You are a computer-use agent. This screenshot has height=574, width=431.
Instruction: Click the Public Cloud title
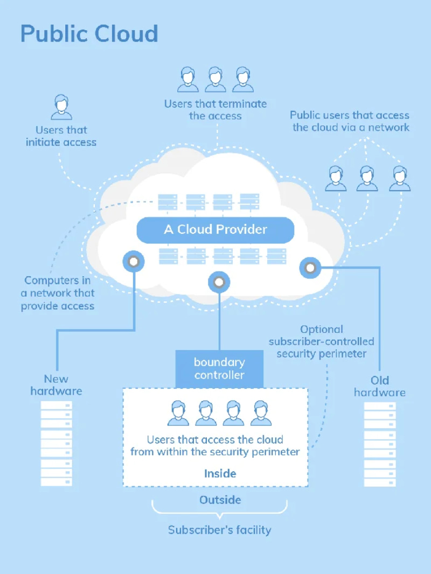pos(89,33)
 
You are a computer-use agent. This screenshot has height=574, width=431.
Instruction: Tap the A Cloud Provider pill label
pos(215,230)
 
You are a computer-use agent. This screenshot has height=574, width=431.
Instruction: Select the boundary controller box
pos(219,369)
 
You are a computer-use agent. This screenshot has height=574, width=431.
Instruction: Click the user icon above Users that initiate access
pos(61,107)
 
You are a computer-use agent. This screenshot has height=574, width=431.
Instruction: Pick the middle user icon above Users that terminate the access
pos(215,80)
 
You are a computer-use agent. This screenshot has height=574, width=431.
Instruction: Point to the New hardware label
pos(56,384)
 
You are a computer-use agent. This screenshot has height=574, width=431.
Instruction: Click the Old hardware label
pos(380,386)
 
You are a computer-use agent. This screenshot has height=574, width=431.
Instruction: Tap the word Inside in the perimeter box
pos(220,473)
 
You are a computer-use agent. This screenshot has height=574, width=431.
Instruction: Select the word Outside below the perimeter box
pos(220,500)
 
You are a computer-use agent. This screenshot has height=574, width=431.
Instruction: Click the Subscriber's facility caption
pos(219,530)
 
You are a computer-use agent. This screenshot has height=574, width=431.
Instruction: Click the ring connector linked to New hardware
pos(134,262)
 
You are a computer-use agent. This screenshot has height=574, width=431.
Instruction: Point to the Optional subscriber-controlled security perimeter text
pos(321,341)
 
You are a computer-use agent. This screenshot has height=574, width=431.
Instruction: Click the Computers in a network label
pos(58,293)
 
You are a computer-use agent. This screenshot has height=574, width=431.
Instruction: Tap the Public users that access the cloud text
pos(350,121)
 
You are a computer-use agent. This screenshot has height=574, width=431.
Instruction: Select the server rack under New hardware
pos(57,444)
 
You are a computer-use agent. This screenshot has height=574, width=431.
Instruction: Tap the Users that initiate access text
pos(61,136)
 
